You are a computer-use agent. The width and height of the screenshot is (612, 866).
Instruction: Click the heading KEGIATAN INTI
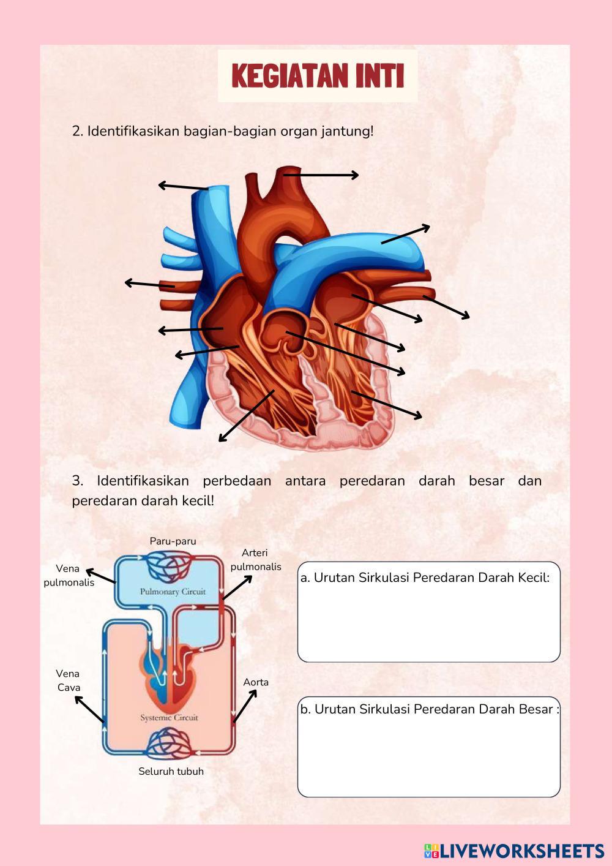coord(318,76)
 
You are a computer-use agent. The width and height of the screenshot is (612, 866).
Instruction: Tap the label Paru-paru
coord(173,541)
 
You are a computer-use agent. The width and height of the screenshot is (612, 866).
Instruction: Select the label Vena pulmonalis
coord(69,576)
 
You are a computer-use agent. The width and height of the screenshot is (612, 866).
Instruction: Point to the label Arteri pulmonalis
coord(255,560)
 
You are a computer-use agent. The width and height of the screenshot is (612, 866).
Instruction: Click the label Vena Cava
coord(69,680)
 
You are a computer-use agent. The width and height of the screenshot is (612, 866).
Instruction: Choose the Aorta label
coord(256,682)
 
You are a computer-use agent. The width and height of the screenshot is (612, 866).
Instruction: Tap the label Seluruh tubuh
coord(171,771)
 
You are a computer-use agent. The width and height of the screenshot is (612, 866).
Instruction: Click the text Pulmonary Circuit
coord(173,592)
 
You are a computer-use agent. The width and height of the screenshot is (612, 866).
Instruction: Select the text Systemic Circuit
coord(170,717)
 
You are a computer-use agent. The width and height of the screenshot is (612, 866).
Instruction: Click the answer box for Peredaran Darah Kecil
coord(428,619)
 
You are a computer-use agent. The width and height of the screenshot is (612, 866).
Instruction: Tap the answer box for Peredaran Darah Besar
coord(428,753)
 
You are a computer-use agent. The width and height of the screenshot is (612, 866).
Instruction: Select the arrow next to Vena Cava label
coord(89,710)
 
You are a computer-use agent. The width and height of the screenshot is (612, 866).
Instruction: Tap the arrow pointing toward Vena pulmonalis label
coord(100,576)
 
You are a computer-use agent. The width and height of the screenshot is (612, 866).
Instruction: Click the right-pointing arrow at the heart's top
coord(321,175)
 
